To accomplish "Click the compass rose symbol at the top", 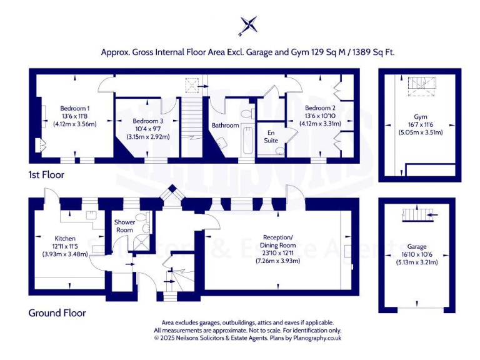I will coord(248,26).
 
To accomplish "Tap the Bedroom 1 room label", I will coord(74,107).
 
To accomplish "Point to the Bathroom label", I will coord(225,125).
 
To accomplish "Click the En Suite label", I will coord(271,137).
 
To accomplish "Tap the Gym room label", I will coord(419,116).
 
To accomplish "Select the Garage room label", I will coord(416,246).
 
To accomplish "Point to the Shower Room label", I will coord(125,226).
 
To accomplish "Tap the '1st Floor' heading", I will coord(46,174).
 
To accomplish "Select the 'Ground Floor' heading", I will coord(57,312).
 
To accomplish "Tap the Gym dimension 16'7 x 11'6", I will coord(419,125).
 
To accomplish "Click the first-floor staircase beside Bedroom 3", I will coord(192,127).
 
